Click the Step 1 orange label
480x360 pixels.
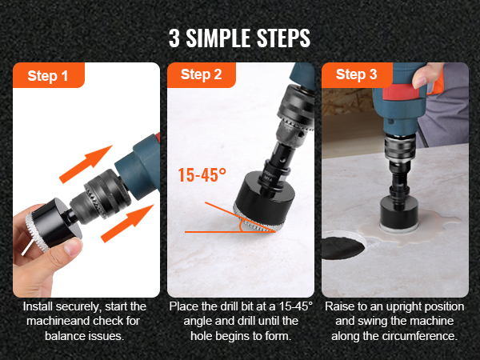[49, 75]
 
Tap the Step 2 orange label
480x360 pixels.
[202, 74]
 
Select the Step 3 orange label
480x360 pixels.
[357, 74]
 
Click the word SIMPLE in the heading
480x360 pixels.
[218, 38]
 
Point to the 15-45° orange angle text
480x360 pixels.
[202, 174]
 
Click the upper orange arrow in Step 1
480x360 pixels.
[86, 164]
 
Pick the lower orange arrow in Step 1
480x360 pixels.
[127, 223]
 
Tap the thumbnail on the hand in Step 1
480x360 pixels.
[73, 246]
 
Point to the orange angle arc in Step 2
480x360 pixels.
[241, 226]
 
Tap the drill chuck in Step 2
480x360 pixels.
[294, 114]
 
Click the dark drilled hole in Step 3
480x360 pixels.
[343, 247]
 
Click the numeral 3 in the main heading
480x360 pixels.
[174, 38]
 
